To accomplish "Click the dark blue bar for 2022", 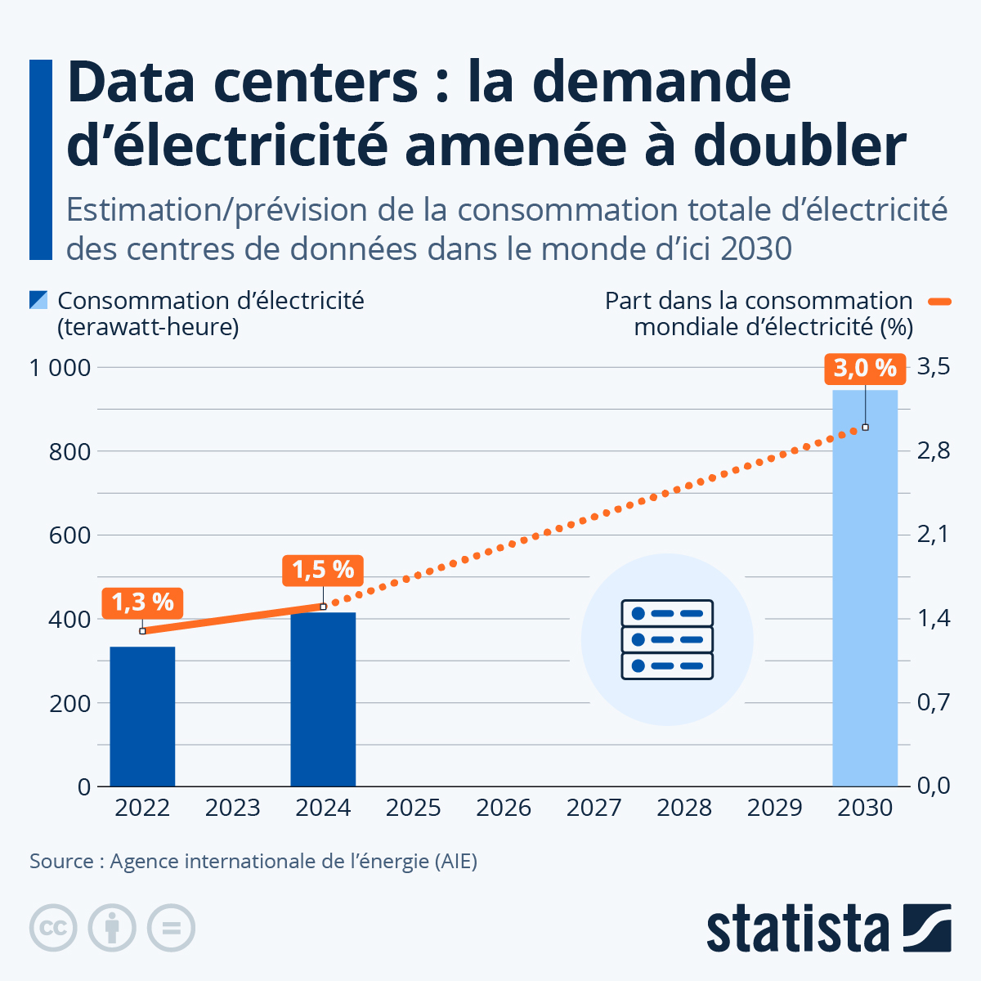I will pyautogui.click(x=142, y=716).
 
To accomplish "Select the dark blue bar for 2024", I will pyautogui.click(x=323, y=699).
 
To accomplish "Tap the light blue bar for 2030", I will pyautogui.click(x=865, y=588).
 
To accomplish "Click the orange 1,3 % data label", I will pyautogui.click(x=142, y=602).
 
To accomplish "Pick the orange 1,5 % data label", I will pyautogui.click(x=323, y=570).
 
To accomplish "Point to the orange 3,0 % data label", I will pyautogui.click(x=865, y=369).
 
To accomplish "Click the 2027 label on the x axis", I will pyautogui.click(x=594, y=809).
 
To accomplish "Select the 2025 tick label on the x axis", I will pyautogui.click(x=413, y=809).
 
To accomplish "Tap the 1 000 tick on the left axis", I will pyautogui.click(x=60, y=368).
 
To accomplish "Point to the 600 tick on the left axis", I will pyautogui.click(x=69, y=535).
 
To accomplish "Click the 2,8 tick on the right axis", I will pyautogui.click(x=933, y=451).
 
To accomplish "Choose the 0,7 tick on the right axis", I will pyautogui.click(x=933, y=702).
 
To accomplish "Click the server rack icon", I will pyautogui.click(x=667, y=639).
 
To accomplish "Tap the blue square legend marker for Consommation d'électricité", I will pyautogui.click(x=38, y=300).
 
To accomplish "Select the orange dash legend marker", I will pyautogui.click(x=940, y=301).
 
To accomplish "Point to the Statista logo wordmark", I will pyautogui.click(x=797, y=929).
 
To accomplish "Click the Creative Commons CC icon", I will pyautogui.click(x=53, y=928).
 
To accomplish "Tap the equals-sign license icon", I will pyautogui.click(x=171, y=928).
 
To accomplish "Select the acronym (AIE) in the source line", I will pyautogui.click(x=455, y=862).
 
